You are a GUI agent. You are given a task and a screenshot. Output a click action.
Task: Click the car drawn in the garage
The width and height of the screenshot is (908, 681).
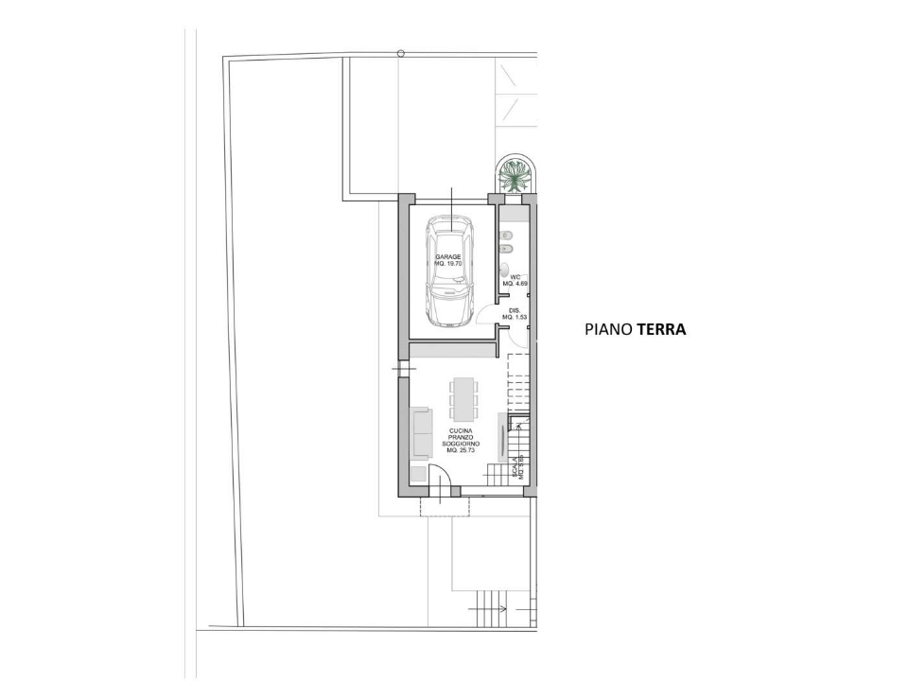pos(450,271)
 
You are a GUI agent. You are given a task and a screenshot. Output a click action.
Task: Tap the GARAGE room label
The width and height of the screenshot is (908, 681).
pos(448,257)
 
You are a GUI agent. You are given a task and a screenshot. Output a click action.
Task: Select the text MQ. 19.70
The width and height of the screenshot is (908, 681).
pos(448,264)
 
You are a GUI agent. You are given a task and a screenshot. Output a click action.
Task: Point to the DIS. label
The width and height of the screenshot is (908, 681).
pos(515,310)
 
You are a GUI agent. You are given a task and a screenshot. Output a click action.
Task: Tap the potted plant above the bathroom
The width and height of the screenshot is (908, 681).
pos(515,176)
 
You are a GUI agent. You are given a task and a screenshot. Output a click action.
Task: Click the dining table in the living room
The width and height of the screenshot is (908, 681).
pos(464,399)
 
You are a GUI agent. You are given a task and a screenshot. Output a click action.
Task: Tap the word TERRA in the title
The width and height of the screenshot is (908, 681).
pos(661,330)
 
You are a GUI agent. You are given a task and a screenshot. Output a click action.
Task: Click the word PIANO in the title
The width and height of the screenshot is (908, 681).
pos(608,330)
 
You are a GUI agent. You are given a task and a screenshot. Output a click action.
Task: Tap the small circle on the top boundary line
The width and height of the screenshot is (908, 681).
pos(401,54)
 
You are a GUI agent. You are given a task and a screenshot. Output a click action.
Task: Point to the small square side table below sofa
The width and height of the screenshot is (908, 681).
pos(416,471)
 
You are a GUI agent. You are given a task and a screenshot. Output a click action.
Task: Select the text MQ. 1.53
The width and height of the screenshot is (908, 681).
pos(515,317)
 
